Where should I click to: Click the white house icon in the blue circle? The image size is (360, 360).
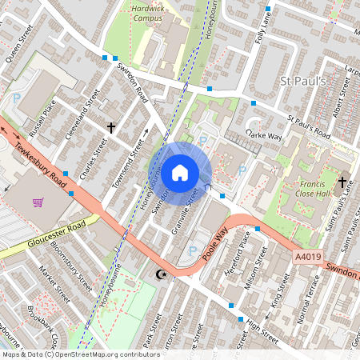click(x=180, y=171)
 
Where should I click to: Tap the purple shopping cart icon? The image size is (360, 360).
click(x=38, y=202)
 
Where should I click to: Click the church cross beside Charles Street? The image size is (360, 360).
click(x=111, y=127)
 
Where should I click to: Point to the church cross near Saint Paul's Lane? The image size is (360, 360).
click(x=342, y=182)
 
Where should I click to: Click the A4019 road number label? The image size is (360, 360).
click(x=310, y=256)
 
